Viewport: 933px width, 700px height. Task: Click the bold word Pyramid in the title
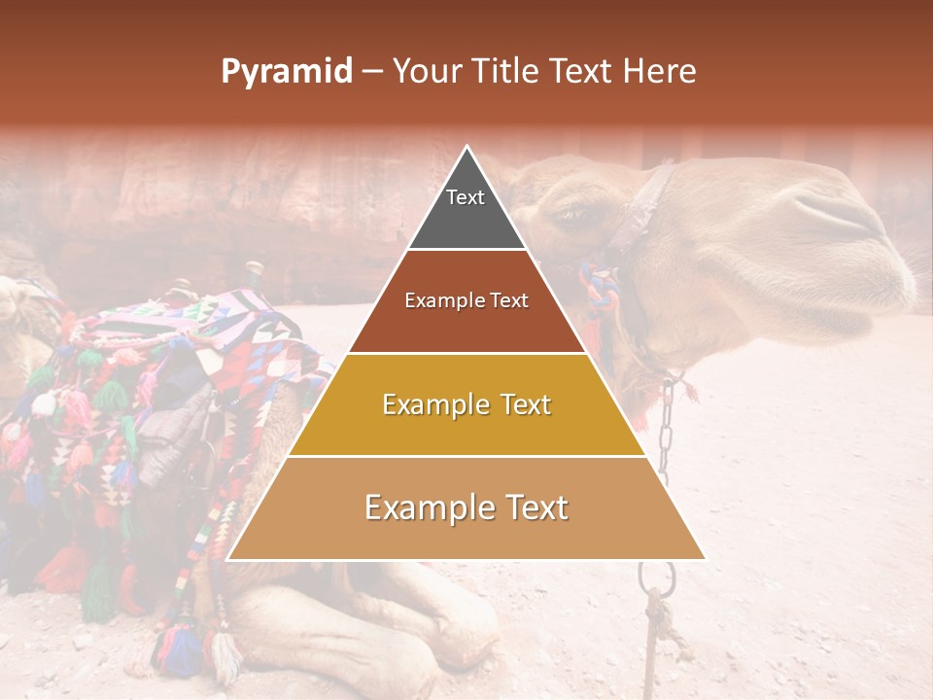coord(286,72)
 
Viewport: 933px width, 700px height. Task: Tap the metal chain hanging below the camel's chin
coord(667,428)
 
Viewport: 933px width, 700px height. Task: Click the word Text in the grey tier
coord(465,197)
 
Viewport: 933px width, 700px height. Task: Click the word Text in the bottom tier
coord(531,507)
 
